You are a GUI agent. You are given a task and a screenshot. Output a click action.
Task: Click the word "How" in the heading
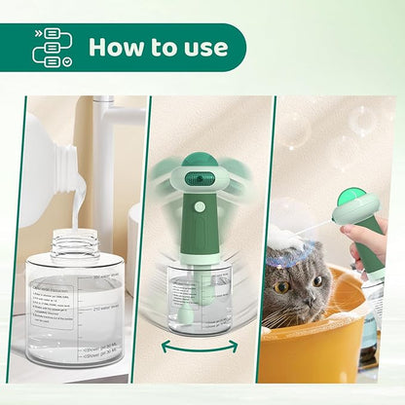(x=116, y=47)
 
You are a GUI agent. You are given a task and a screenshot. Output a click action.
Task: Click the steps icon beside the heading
(x=52, y=47)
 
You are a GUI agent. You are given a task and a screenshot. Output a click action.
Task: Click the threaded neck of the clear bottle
(x=74, y=244)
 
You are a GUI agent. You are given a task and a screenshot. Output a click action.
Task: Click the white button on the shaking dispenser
(x=200, y=206)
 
